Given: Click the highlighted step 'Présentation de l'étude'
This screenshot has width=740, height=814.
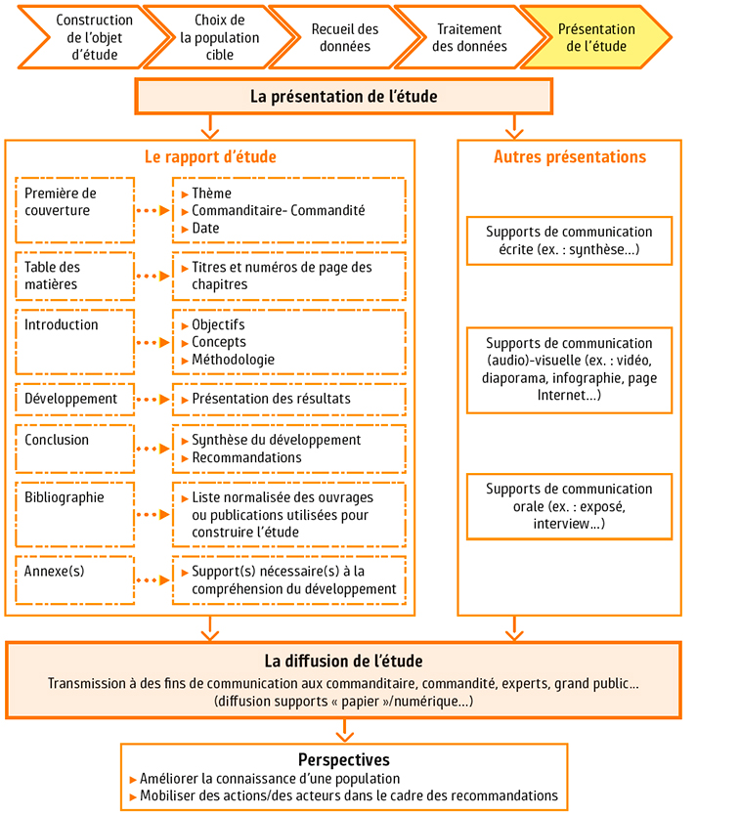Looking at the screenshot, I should click(595, 37).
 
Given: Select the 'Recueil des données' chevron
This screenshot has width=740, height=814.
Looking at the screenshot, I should click(344, 37).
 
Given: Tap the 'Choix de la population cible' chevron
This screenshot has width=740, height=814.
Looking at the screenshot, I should click(220, 37).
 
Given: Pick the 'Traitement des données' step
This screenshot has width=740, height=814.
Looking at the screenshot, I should click(469, 37).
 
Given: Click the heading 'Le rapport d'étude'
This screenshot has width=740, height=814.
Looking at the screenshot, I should click(210, 156).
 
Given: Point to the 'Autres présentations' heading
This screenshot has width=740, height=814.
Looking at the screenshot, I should click(569, 156).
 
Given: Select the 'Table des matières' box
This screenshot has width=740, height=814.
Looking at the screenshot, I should click(75, 276).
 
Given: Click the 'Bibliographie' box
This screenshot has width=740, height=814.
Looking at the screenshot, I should click(75, 513).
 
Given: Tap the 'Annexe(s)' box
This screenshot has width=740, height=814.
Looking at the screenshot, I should click(75, 579).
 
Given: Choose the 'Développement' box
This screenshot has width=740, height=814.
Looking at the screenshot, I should click(75, 399).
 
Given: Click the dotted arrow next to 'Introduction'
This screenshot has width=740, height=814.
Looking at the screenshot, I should click(152, 343).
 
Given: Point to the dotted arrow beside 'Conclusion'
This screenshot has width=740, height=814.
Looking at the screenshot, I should click(152, 450).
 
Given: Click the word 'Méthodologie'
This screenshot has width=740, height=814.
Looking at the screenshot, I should click(233, 360).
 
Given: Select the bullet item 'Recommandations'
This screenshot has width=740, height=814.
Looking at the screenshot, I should click(246, 457).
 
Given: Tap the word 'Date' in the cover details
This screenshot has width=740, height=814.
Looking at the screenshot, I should click(205, 228).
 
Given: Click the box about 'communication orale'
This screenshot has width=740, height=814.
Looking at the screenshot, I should click(569, 506).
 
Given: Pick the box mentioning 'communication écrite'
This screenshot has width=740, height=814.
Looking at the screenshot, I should click(569, 240).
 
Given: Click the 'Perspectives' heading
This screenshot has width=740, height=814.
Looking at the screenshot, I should click(343, 759).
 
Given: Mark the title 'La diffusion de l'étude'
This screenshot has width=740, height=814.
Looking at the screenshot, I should click(343, 662).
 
